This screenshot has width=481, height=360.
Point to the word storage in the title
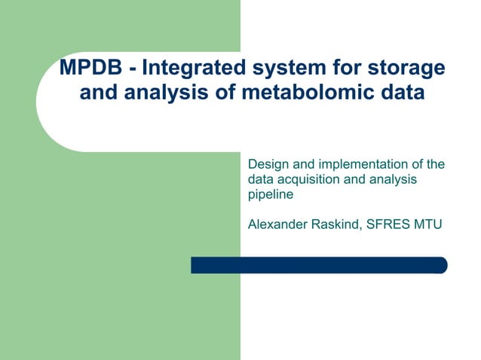coord(406,69)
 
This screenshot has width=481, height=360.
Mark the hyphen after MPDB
coord(133,69)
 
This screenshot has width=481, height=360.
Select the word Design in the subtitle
coord(268,165)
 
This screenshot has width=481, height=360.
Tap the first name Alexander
coord(278,224)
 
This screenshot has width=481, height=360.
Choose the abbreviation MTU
coord(433,224)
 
